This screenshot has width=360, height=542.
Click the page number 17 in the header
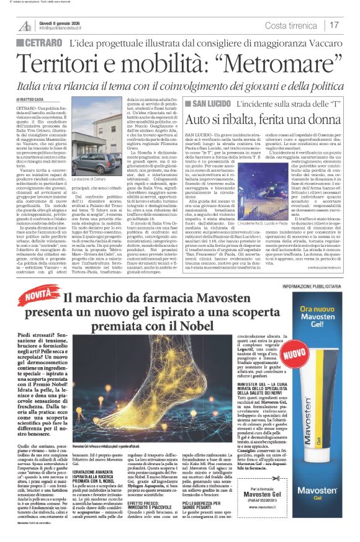[x=334, y=25]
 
